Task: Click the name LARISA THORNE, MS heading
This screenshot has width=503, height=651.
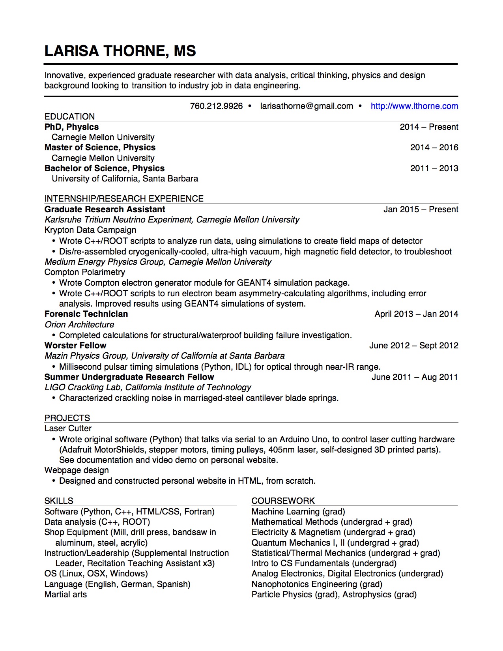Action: tap(120, 51)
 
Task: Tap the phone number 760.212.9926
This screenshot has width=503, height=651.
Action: tap(216, 106)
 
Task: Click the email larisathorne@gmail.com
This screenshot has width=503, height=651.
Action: tap(307, 106)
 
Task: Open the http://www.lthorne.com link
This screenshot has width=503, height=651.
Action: tap(414, 106)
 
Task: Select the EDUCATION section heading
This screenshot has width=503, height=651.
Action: tap(69, 116)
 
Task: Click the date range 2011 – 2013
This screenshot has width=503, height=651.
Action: tap(434, 168)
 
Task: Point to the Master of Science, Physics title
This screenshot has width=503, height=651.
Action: tap(100, 148)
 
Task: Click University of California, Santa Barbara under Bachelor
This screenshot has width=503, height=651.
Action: tap(125, 179)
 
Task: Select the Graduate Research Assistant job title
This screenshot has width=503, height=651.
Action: tap(105, 210)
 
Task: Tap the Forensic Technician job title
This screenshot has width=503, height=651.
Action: tap(86, 314)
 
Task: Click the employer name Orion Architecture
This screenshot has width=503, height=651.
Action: tap(79, 325)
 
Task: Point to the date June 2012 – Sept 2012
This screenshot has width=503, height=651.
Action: tap(413, 346)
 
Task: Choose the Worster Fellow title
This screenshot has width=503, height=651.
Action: tap(75, 346)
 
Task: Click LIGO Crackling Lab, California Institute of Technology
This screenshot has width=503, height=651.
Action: tap(148, 387)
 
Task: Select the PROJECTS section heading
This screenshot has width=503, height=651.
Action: tap(67, 418)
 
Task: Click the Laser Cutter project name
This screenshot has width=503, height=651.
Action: tap(68, 428)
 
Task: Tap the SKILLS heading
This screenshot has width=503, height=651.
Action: tap(59, 501)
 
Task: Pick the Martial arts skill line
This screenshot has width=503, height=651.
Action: tap(65, 595)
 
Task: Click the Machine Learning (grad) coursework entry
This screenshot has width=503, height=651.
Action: tap(298, 512)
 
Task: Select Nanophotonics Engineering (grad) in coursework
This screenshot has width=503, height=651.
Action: tap(317, 584)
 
